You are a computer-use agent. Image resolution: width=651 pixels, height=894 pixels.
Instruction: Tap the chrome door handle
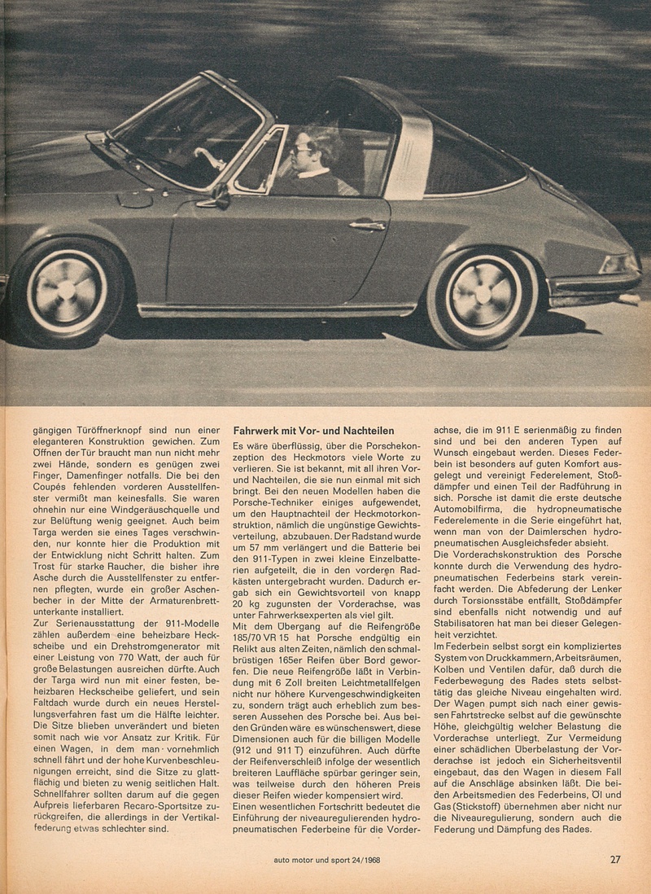pyautogui.click(x=367, y=226)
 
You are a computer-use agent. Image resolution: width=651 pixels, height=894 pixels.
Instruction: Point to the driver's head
pyautogui.click(x=312, y=151)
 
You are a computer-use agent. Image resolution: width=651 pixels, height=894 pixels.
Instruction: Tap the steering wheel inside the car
pyautogui.click(x=213, y=160)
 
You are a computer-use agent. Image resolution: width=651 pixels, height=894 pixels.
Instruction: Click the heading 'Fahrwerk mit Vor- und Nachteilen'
pyautogui.click(x=313, y=431)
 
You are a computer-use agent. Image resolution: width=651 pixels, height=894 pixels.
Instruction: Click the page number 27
pyautogui.click(x=615, y=858)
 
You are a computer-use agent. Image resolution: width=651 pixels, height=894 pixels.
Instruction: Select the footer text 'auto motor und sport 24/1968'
pyautogui.click(x=327, y=859)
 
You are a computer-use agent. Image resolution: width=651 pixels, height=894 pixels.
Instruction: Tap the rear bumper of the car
pyautogui.click(x=594, y=284)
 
